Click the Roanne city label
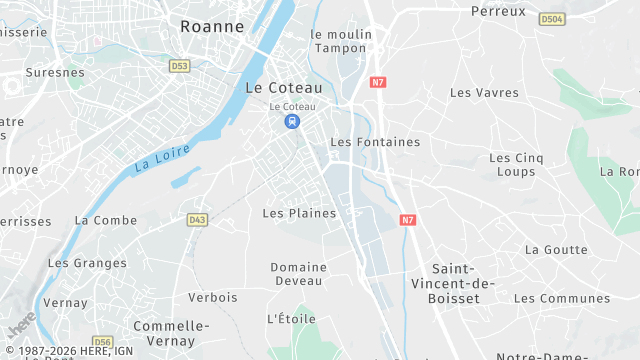(212, 27)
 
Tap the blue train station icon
(291, 122)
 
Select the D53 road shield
(179, 66)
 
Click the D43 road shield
(197, 219)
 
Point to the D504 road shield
(551, 19)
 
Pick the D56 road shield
(103, 341)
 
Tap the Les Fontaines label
(375, 142)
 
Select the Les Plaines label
(299, 213)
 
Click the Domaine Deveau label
(298, 274)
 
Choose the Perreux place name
(497, 11)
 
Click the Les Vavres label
(484, 93)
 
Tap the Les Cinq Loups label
(515, 164)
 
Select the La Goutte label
(556, 249)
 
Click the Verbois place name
(213, 297)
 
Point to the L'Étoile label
(291, 319)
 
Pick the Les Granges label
(87, 263)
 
